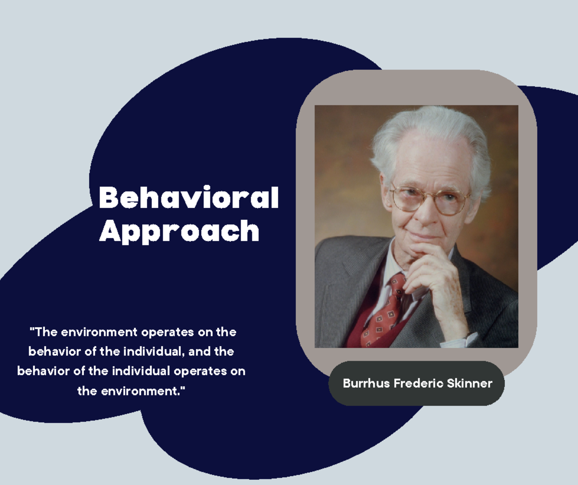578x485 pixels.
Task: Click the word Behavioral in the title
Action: (x=189, y=198)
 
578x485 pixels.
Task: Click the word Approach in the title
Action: (x=179, y=231)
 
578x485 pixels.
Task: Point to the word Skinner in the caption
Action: (x=472, y=383)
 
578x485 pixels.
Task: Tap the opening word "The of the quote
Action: (x=44, y=332)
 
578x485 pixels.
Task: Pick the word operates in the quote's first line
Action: (x=165, y=332)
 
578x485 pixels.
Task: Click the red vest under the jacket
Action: (x=359, y=333)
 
